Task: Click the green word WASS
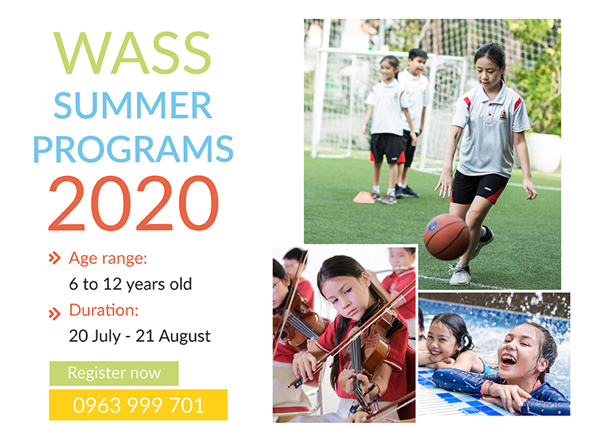(x=133, y=52)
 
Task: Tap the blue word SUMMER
(x=133, y=105)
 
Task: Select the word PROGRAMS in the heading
(x=133, y=149)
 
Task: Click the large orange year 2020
(x=133, y=203)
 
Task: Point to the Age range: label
(x=107, y=259)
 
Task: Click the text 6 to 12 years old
(x=130, y=284)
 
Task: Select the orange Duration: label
(x=104, y=310)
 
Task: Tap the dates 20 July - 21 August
(x=140, y=336)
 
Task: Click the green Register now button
(x=114, y=373)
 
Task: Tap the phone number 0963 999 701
(x=138, y=405)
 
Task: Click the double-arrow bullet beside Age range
(x=54, y=259)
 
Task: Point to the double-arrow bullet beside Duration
(x=54, y=314)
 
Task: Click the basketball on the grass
(x=447, y=236)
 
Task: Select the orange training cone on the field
(x=364, y=197)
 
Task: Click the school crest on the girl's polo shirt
(x=504, y=115)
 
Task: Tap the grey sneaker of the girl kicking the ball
(x=459, y=273)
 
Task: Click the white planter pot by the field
(x=543, y=152)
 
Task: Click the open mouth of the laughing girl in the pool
(x=509, y=359)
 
